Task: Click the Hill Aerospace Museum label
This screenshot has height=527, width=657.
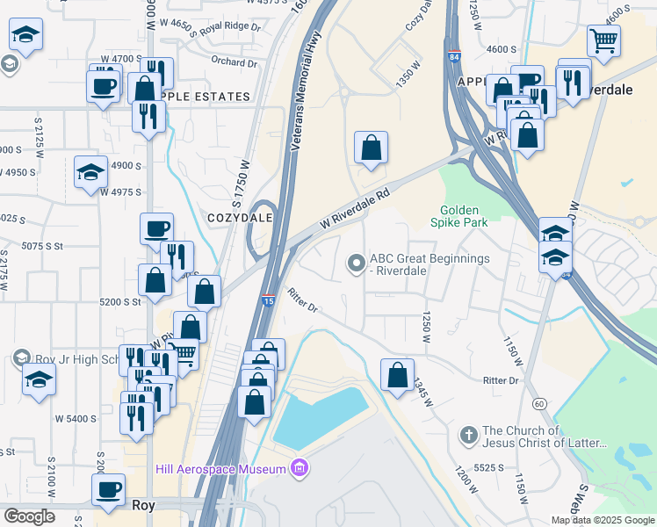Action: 220,469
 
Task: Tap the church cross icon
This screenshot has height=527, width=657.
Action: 469,434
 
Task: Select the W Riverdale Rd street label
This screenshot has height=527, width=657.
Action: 354,212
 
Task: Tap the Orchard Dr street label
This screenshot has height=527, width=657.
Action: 234,62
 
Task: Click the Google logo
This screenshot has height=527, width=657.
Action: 29,516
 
